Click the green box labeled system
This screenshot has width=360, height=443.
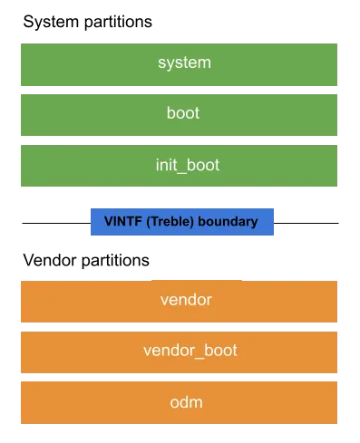[x=179, y=64]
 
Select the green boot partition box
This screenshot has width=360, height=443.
[x=179, y=115]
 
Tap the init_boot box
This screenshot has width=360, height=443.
[x=179, y=166]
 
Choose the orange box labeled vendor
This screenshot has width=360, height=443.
[x=179, y=302]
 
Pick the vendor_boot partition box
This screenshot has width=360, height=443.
[x=179, y=352]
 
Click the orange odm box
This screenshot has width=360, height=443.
[x=179, y=402]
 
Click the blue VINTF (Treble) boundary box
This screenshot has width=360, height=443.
[x=182, y=222]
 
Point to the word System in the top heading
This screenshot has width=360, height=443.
[x=51, y=22]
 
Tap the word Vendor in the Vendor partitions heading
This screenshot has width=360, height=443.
[x=50, y=260]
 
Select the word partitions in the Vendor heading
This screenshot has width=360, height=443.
[x=115, y=261]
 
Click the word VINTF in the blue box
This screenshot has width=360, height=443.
[x=123, y=221]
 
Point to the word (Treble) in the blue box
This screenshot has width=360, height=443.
[x=170, y=222]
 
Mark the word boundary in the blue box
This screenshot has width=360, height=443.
[x=228, y=222]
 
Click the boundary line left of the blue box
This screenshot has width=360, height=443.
[x=56, y=223]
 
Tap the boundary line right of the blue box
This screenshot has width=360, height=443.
[x=306, y=223]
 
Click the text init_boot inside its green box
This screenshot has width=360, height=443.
[x=188, y=166]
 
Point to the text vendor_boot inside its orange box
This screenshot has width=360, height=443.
[x=190, y=351]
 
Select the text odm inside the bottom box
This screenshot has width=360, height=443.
[x=186, y=402]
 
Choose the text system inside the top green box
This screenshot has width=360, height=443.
[x=184, y=63]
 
